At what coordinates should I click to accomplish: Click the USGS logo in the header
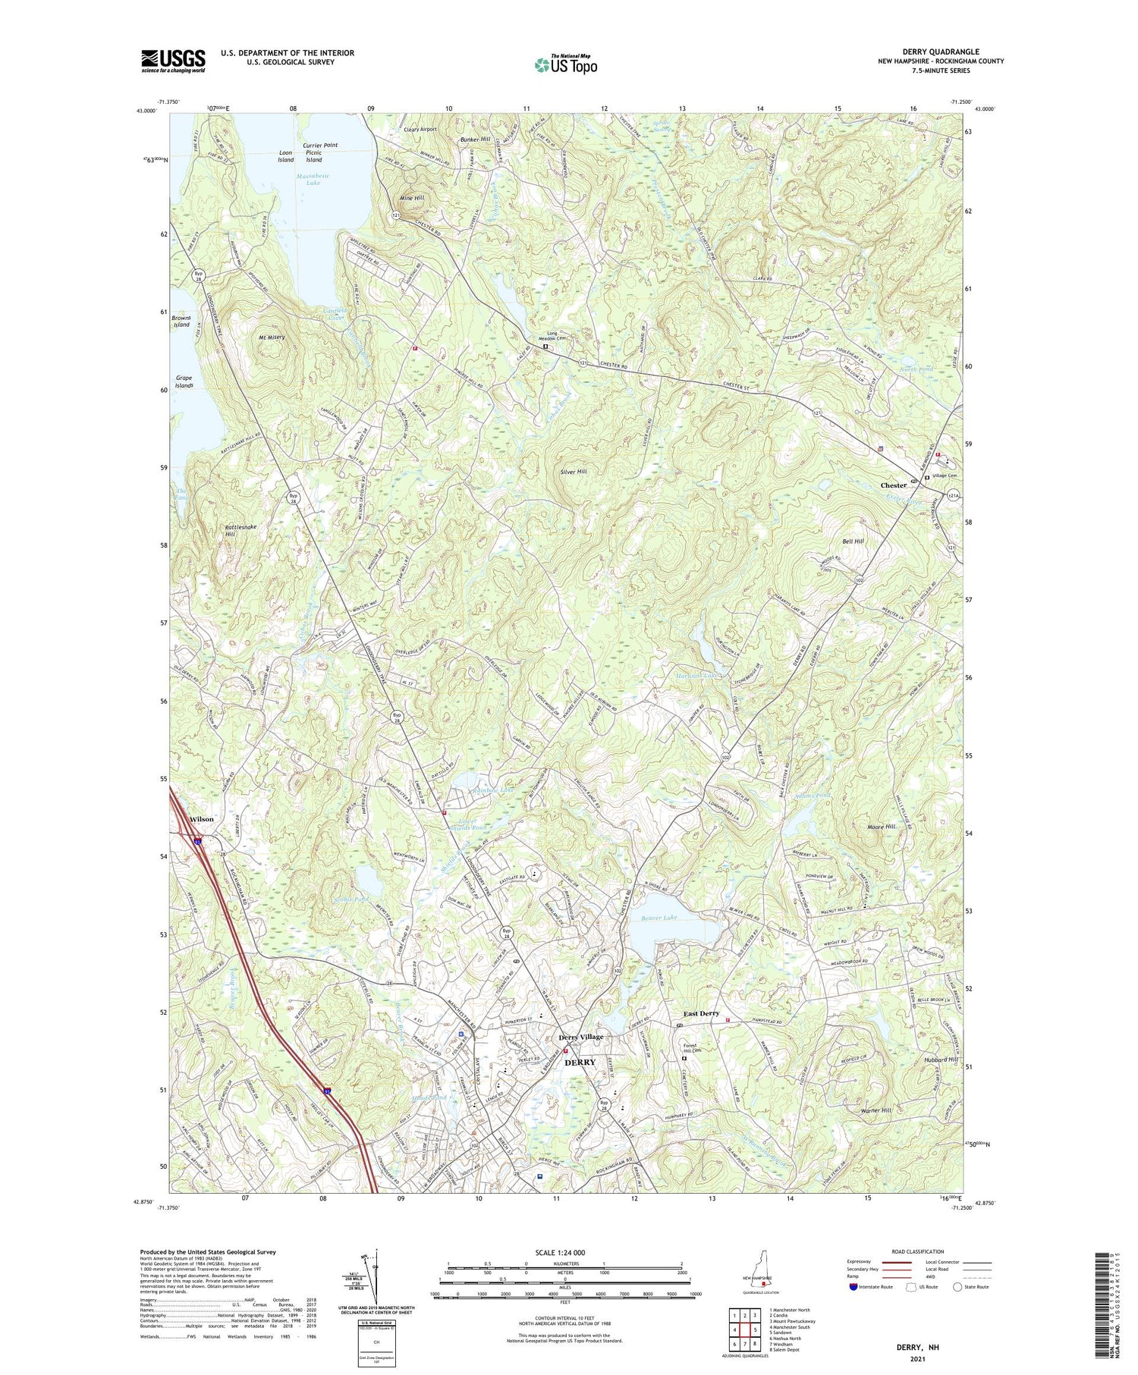[173, 61]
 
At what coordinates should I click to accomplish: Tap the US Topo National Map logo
[565, 64]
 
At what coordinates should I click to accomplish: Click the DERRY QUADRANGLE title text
[941, 52]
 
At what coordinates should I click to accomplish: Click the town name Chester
[893, 485]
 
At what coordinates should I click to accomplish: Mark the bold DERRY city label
[580, 1063]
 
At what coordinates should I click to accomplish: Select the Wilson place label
[202, 819]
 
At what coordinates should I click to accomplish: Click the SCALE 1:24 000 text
[549, 1252]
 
